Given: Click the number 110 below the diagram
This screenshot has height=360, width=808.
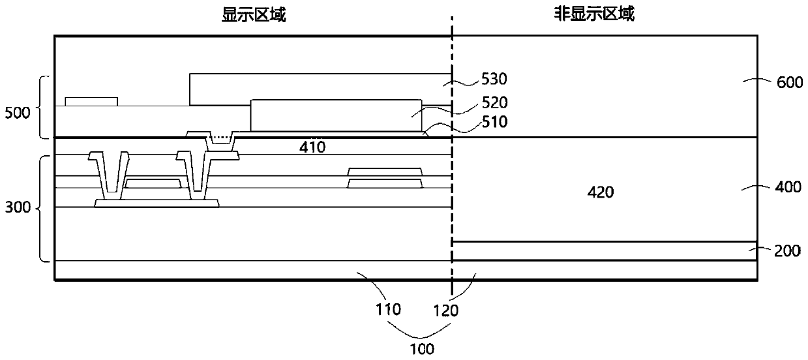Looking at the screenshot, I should (389, 310).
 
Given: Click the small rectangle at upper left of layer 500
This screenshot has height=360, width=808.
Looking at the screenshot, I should (91, 101).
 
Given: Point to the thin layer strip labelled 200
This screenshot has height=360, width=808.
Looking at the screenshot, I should (604, 251).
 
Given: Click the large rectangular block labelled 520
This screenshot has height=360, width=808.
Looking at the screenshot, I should (336, 115).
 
